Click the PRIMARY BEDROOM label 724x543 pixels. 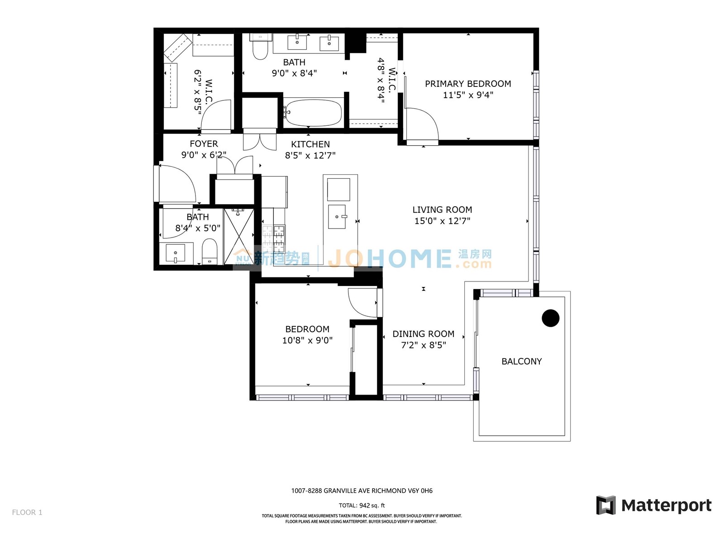coord(468,84)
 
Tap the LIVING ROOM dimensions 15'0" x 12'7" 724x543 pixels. coord(442,220)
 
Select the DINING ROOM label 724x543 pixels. coord(424,333)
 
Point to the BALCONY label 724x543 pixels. coord(521,362)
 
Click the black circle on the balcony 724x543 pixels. coord(551,318)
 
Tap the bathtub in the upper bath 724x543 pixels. coord(313,113)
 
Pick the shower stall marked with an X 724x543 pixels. coord(239,236)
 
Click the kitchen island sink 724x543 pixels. coord(337,216)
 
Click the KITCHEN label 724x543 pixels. coord(310,144)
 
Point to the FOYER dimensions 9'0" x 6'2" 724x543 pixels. coord(204,155)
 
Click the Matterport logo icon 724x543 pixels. coord(606,505)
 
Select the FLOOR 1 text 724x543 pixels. coord(27,512)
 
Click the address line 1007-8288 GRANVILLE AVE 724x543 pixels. coord(362,491)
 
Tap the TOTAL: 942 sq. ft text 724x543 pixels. coord(362,505)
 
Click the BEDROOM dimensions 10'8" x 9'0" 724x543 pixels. coord(307,340)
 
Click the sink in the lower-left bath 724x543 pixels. coord(175,253)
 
